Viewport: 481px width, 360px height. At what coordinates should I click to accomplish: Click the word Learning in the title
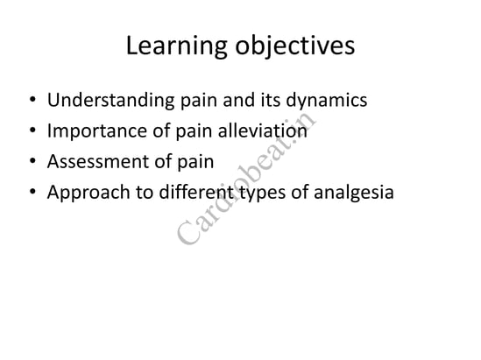pyautogui.click(x=176, y=46)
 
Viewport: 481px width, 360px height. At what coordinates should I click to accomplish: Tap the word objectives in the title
pyautogui.click(x=294, y=46)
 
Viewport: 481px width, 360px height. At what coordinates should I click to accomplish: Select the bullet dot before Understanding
pyautogui.click(x=32, y=100)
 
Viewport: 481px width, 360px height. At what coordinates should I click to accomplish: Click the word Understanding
pyautogui.click(x=110, y=100)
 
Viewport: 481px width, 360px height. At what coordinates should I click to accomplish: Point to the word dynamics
pyautogui.click(x=327, y=101)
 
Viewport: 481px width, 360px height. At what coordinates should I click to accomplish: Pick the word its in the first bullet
pyautogui.click(x=270, y=100)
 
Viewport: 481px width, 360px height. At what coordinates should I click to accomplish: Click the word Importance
pyautogui.click(x=96, y=131)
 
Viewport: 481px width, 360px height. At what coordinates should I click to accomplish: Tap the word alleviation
pyautogui.click(x=262, y=131)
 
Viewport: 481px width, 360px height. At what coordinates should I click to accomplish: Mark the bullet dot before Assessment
pyautogui.click(x=32, y=161)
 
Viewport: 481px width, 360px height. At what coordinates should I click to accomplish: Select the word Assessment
pyautogui.click(x=98, y=161)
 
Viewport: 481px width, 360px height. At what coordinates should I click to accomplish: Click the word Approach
pyautogui.click(x=88, y=193)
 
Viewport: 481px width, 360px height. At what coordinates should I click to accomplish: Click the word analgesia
pyautogui.click(x=354, y=193)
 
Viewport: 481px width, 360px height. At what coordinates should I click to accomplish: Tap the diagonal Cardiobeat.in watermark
pyautogui.click(x=246, y=179)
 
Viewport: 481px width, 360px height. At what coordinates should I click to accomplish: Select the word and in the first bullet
pyautogui.click(x=239, y=100)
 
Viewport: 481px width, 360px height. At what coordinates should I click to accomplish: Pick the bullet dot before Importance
pyautogui.click(x=32, y=131)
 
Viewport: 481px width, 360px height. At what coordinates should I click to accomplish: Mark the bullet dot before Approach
pyautogui.click(x=32, y=192)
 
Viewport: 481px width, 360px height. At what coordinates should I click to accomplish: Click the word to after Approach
pyautogui.click(x=145, y=193)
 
